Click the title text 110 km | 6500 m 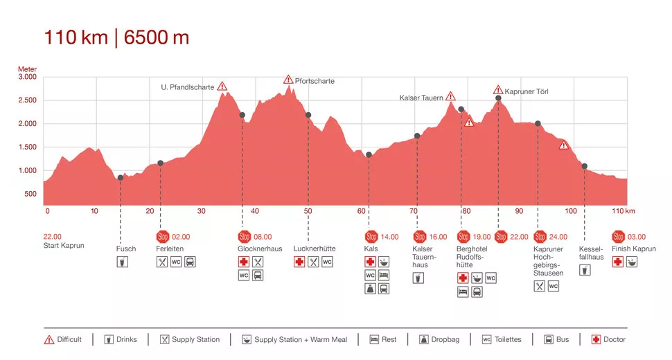pyautogui.click(x=116, y=37)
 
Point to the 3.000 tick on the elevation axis pyautogui.click(x=27, y=78)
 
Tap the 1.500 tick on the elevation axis pyautogui.click(x=27, y=147)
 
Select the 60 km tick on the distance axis pyautogui.click(x=362, y=211)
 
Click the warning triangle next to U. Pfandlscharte pyautogui.click(x=222, y=87)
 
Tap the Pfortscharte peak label pyautogui.click(x=315, y=81)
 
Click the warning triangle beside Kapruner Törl pyautogui.click(x=498, y=90)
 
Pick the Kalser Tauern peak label pyautogui.click(x=421, y=98)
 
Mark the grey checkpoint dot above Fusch pyautogui.click(x=121, y=178)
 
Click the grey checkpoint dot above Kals pyautogui.click(x=369, y=154)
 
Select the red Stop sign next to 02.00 pyautogui.click(x=163, y=236)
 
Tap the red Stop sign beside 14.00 pyautogui.click(x=371, y=236)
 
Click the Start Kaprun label pyautogui.click(x=64, y=245)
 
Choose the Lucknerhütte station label pyautogui.click(x=315, y=249)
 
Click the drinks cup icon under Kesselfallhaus pyautogui.click(x=585, y=269)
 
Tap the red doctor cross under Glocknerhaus pyautogui.click(x=243, y=262)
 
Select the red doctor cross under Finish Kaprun pyautogui.click(x=617, y=262)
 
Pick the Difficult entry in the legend pyautogui.click(x=63, y=340)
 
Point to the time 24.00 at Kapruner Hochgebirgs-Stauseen pyautogui.click(x=558, y=237)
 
